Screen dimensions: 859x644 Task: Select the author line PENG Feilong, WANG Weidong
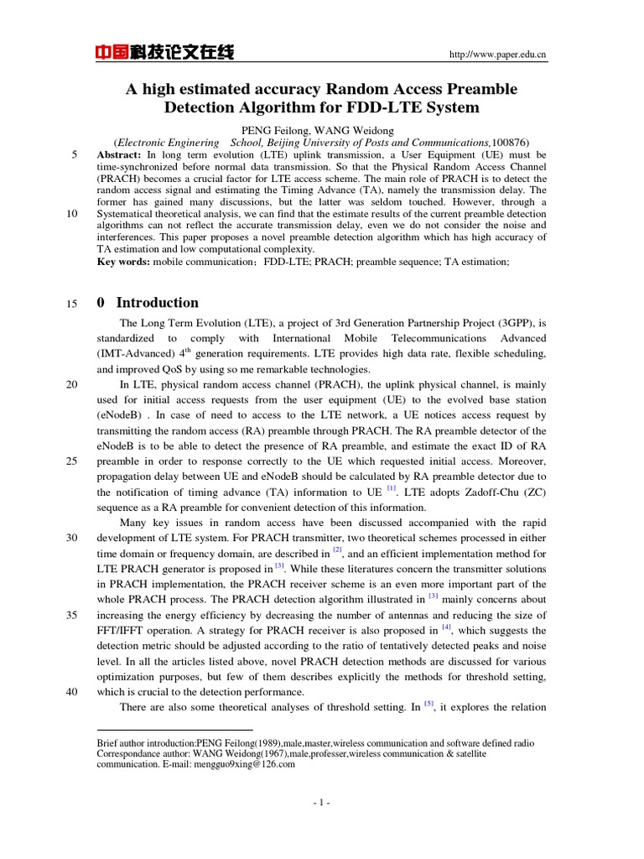click(x=317, y=130)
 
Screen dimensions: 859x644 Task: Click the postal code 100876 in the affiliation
click(x=509, y=143)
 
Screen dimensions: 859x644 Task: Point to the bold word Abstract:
click(x=120, y=155)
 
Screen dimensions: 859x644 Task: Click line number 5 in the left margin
click(x=75, y=155)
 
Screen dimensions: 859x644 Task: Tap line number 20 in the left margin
click(x=72, y=384)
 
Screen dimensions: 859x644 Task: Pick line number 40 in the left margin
click(x=72, y=692)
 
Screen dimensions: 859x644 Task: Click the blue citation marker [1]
click(x=391, y=488)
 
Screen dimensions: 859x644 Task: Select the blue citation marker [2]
click(x=337, y=550)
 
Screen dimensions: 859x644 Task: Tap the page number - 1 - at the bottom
click(x=322, y=803)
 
